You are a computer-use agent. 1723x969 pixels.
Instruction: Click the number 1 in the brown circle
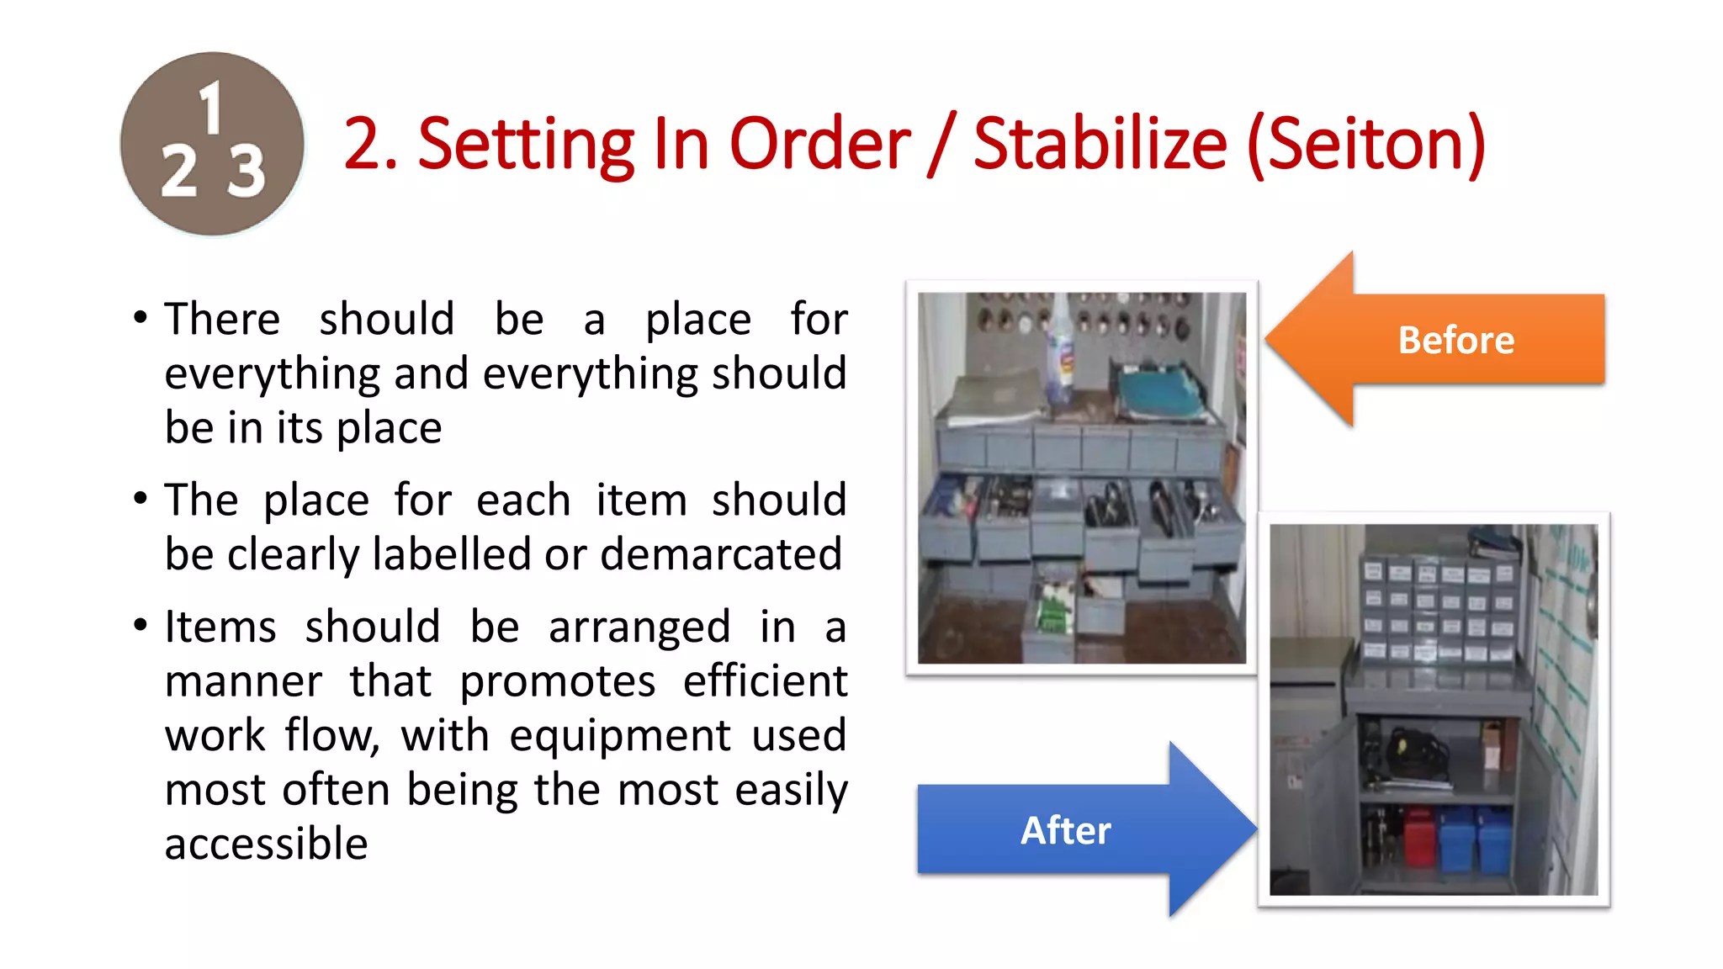pyautogui.click(x=210, y=108)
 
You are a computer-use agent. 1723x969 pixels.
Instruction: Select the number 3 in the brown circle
pyautogui.click(x=247, y=172)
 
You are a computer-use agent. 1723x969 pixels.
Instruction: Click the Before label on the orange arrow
pyautogui.click(x=1456, y=340)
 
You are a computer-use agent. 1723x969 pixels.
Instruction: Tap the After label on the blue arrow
pyautogui.click(x=1066, y=830)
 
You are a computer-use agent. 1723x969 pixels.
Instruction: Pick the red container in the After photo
pyautogui.click(x=1418, y=837)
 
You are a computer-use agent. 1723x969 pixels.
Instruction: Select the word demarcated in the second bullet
pyautogui.click(x=721, y=555)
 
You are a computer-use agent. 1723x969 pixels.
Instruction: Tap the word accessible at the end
pyautogui.click(x=267, y=844)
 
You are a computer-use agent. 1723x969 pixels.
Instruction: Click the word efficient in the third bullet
pyautogui.click(x=765, y=680)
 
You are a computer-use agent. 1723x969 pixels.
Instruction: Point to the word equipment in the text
pyautogui.click(x=620, y=735)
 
